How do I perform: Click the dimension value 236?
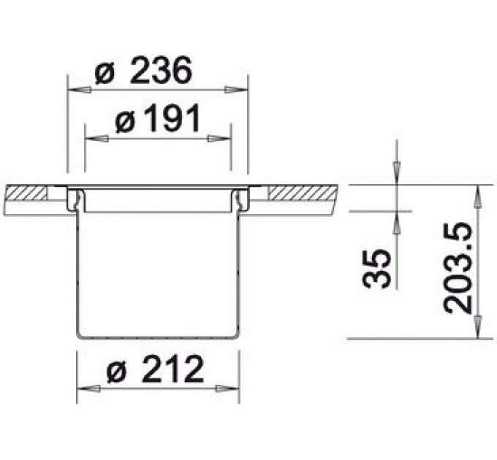pos(161,70)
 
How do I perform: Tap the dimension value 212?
pos(172,369)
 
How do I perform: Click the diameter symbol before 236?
pos(105,75)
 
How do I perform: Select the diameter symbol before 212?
pos(117,373)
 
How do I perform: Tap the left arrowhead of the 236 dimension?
pos(79,91)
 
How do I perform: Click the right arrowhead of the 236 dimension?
pos(236,91)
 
